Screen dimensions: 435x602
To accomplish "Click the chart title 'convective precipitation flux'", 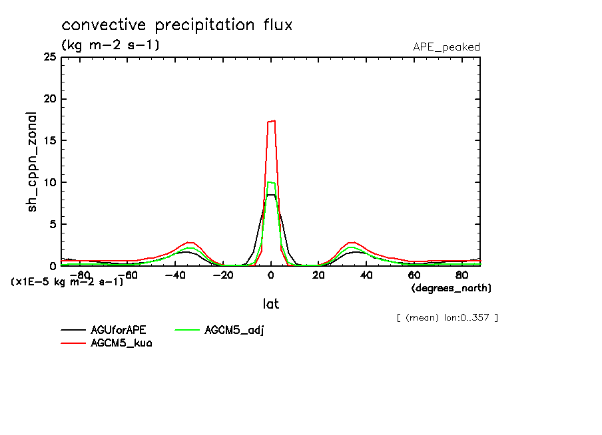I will pyautogui.click(x=177, y=26).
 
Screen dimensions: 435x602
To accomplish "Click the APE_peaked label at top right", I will pyautogui.click(x=446, y=47).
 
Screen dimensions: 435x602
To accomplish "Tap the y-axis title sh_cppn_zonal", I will pyautogui.click(x=33, y=162).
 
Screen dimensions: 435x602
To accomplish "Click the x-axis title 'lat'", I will pyautogui.click(x=270, y=304).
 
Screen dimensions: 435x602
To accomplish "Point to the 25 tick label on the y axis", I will pyautogui.click(x=49, y=57).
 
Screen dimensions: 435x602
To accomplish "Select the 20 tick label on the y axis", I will pyautogui.click(x=49, y=99).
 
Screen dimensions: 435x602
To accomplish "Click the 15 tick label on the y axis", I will pyautogui.click(x=49, y=141).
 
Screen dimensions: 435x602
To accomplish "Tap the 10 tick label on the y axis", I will pyautogui.click(x=49, y=183).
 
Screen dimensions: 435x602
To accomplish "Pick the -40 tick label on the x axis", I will pyautogui.click(x=174, y=275).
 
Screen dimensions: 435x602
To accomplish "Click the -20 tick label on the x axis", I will pyautogui.click(x=222, y=275).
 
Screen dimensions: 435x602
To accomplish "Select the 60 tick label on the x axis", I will pyautogui.click(x=414, y=275).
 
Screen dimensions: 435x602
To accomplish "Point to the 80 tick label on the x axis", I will pyautogui.click(x=461, y=275).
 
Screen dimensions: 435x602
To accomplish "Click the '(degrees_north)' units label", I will pyautogui.click(x=451, y=288).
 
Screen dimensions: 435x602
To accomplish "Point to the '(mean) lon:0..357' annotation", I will pyautogui.click(x=447, y=317).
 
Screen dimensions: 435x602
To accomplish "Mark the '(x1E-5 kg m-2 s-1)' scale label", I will pyautogui.click(x=67, y=282).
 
